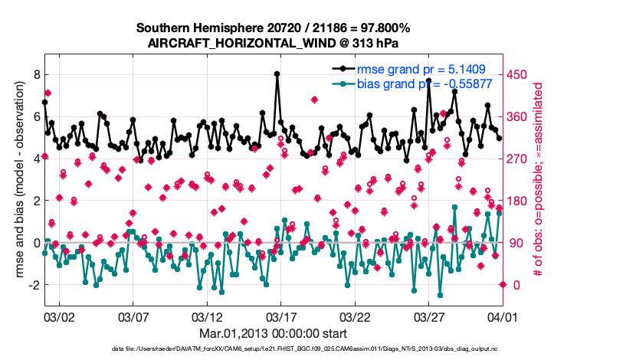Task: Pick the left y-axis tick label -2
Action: click(x=33, y=285)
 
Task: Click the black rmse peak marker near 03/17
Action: click(x=277, y=74)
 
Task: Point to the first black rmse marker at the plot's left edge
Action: click(x=45, y=102)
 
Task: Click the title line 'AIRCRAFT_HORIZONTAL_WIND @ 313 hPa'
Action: click(x=273, y=43)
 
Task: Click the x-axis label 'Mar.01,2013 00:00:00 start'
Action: click(x=273, y=333)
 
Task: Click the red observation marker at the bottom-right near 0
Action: click(x=503, y=284)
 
